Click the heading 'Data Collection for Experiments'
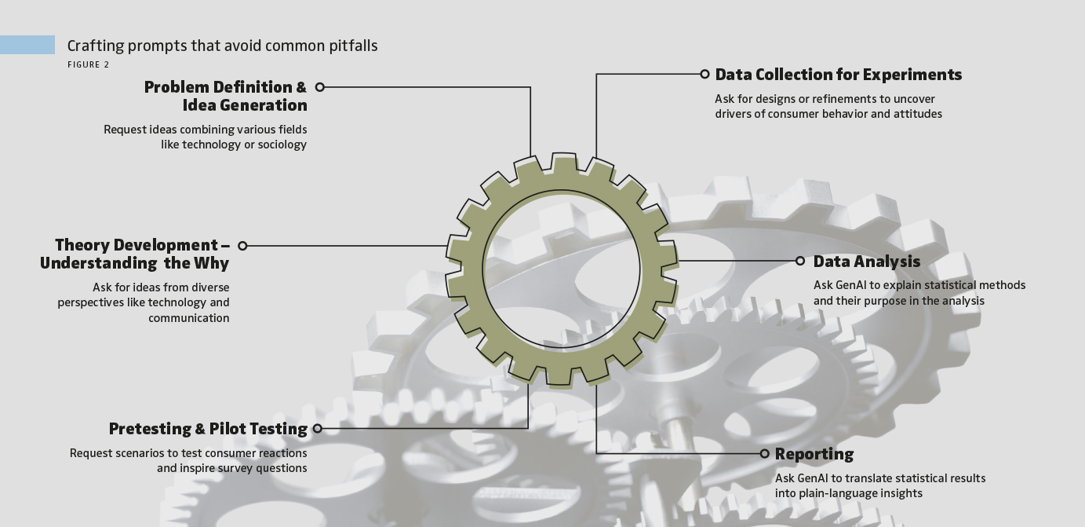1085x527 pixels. click(838, 75)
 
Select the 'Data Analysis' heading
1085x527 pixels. click(866, 262)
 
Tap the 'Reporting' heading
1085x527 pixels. click(814, 454)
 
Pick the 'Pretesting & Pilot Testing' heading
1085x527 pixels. click(208, 429)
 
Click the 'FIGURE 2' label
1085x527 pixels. click(89, 65)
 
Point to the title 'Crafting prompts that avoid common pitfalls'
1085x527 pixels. click(222, 46)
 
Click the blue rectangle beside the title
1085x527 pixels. click(27, 45)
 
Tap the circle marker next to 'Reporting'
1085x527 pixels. click(764, 454)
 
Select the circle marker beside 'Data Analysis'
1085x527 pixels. click(800, 261)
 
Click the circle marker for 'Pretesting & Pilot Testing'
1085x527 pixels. click(317, 429)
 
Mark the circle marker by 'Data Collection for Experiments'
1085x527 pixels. click(705, 74)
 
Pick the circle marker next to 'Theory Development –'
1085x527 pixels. click(242, 246)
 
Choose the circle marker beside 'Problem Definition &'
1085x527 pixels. click(319, 87)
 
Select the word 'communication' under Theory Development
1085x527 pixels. click(189, 318)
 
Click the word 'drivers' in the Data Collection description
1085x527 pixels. click(734, 114)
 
